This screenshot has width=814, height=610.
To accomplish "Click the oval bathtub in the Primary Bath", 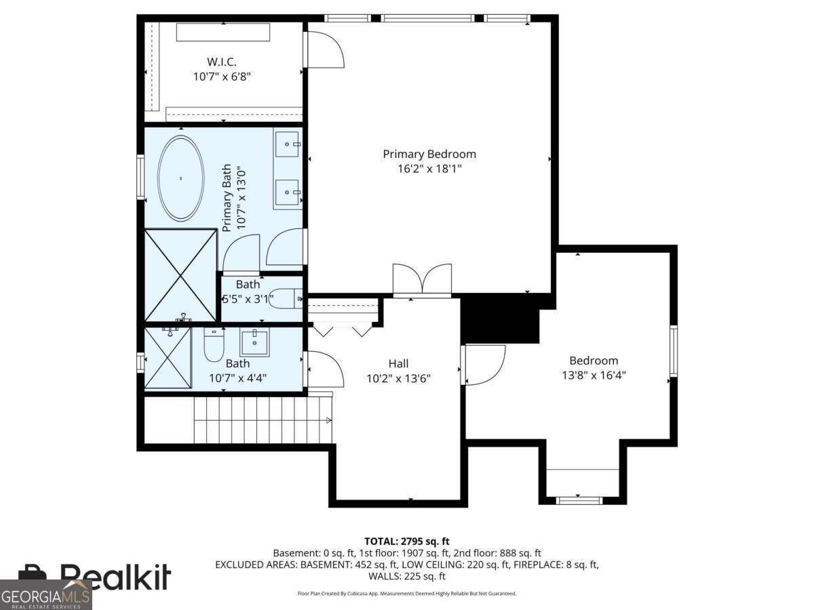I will [180, 178].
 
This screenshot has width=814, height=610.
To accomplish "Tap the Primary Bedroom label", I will [429, 155].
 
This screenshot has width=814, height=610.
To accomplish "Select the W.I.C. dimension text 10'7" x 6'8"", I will [222, 77].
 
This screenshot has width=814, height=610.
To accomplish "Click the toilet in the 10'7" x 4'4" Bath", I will [214, 345].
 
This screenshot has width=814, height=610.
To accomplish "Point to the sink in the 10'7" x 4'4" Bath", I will [254, 342].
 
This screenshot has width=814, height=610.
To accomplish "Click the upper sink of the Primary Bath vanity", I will [288, 144].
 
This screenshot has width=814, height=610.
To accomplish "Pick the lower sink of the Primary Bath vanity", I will [288, 192].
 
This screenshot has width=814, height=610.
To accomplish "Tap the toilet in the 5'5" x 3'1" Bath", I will [286, 299].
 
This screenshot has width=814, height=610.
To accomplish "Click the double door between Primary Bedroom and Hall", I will [422, 280].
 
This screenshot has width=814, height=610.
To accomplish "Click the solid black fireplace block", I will [499, 319].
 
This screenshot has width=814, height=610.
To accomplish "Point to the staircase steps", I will [261, 420].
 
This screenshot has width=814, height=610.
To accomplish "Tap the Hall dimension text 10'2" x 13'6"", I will [399, 378].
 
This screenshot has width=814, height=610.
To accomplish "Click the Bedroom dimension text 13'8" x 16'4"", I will [593, 374].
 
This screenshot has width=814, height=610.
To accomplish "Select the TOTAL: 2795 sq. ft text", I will [407, 541].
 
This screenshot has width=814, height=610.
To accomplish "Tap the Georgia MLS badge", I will [45, 594].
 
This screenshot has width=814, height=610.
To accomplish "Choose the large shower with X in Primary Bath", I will [180, 275].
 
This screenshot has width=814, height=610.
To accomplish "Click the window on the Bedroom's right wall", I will [674, 350].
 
